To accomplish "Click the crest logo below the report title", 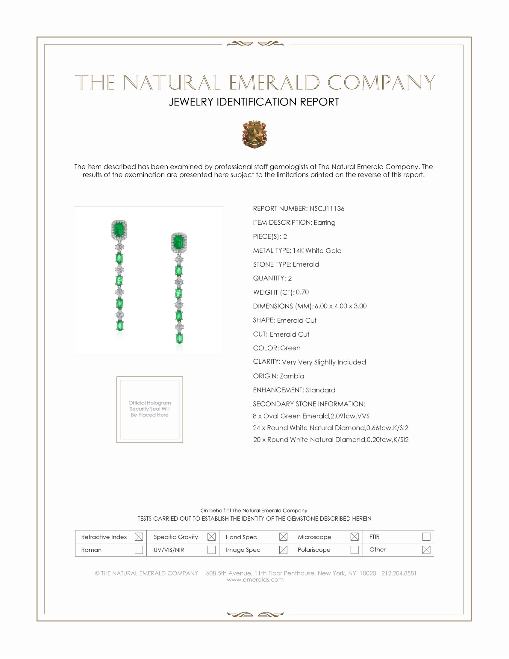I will click(254, 134).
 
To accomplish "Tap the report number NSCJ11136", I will click(327, 208).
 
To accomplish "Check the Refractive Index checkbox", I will click(139, 536).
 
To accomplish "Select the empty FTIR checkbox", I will click(426, 536).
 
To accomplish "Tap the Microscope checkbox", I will click(355, 536).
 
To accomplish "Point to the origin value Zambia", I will click(292, 376).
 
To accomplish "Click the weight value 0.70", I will click(302, 292).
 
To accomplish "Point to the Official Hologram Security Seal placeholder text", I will click(150, 409).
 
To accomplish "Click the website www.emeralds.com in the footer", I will click(255, 579).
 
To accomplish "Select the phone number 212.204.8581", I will click(399, 573).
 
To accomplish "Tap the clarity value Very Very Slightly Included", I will click(324, 362).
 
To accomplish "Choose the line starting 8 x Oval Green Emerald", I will click(311, 416).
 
